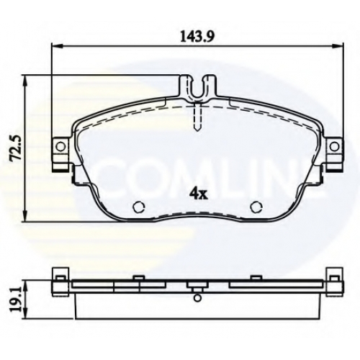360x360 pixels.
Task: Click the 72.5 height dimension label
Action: point(17,148)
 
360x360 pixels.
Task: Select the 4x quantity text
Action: point(198,195)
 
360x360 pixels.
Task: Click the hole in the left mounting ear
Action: point(60,146)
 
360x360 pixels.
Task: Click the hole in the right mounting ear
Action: point(334,146)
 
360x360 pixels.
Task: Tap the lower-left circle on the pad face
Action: point(139,207)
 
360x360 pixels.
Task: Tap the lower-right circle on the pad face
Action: point(256,207)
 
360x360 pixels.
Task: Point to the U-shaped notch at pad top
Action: point(198,96)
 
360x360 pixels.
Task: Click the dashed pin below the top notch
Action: point(198,118)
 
